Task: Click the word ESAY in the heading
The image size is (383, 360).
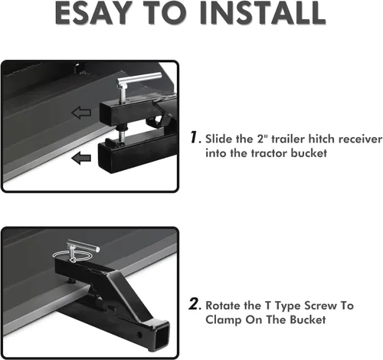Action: coord(95,13)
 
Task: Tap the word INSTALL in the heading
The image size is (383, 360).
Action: coord(263,13)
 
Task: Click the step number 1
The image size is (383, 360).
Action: coord(195,137)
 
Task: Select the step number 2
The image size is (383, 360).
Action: coord(195,304)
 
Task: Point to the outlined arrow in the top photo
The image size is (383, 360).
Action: coord(81,113)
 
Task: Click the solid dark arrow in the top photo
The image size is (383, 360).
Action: coord(81,158)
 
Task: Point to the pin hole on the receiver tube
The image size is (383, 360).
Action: coord(139,335)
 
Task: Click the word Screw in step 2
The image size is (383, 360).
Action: coord(320,306)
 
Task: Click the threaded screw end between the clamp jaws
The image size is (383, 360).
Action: coord(122,134)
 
